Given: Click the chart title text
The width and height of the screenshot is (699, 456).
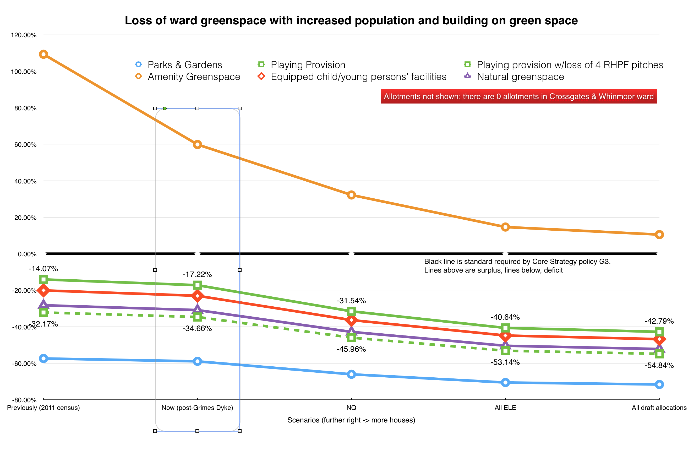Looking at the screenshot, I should pyautogui.click(x=351, y=20).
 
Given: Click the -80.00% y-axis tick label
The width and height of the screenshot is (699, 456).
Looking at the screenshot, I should pyautogui.click(x=24, y=400).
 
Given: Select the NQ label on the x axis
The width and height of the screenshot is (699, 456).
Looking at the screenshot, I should pyautogui.click(x=351, y=408).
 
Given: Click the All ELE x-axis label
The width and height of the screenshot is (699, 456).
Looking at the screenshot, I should pyautogui.click(x=505, y=408).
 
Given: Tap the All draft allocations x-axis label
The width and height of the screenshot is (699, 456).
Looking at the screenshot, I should pyautogui.click(x=659, y=408).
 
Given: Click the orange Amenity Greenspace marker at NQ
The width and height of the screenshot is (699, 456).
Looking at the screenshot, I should pyautogui.click(x=351, y=195).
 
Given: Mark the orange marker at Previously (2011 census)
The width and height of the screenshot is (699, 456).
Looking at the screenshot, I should pyautogui.click(x=43, y=54).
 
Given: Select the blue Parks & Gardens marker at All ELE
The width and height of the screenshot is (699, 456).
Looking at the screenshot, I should pyautogui.click(x=505, y=383).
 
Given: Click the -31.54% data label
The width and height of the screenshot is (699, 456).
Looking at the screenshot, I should pyautogui.click(x=351, y=301).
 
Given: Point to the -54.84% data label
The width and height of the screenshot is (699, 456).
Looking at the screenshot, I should pyautogui.click(x=659, y=366).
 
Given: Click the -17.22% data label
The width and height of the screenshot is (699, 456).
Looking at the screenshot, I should pyautogui.click(x=197, y=274).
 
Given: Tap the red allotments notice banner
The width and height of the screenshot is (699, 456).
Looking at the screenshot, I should pyautogui.click(x=518, y=96).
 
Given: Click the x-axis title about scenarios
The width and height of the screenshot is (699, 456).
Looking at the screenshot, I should pyautogui.click(x=351, y=420).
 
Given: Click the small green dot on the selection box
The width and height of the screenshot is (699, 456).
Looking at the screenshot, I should pyautogui.click(x=165, y=109).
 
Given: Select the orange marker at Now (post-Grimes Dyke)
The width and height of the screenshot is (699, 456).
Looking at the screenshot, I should pyautogui.click(x=197, y=145).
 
